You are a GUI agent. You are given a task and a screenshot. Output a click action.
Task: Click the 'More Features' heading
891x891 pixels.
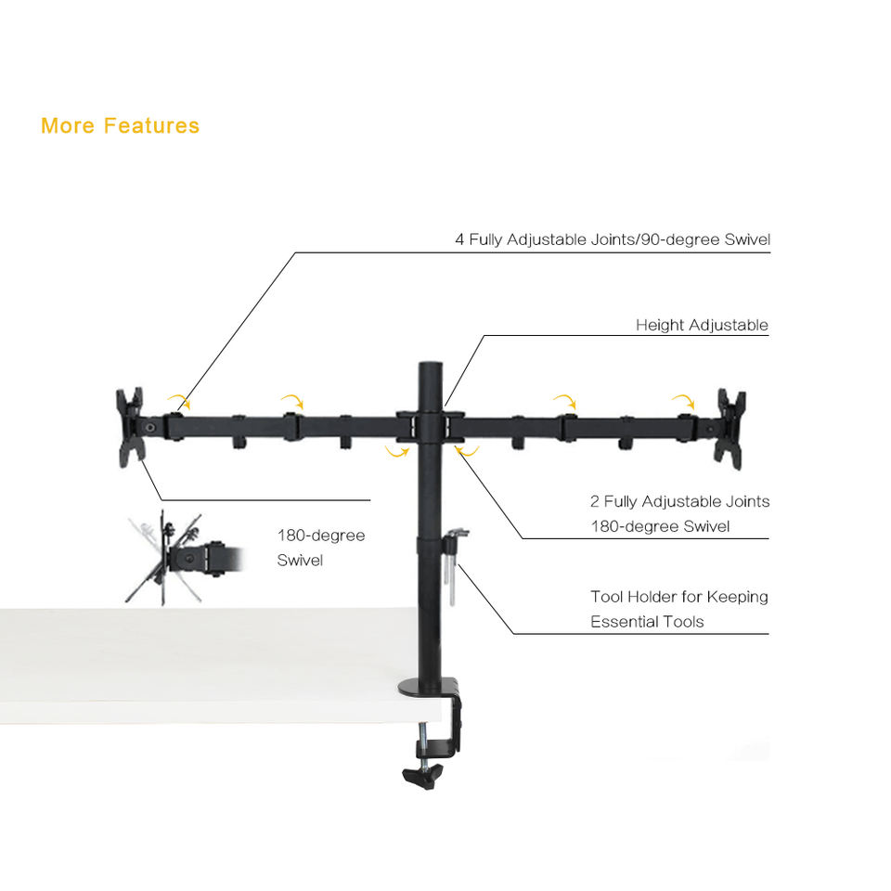point(120,125)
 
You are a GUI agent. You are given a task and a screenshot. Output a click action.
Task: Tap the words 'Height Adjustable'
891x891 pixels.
point(702,325)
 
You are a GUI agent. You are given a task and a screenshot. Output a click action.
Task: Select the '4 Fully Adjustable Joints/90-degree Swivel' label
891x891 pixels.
point(613,239)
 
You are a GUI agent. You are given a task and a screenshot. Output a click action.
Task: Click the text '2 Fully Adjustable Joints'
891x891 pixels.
point(679,501)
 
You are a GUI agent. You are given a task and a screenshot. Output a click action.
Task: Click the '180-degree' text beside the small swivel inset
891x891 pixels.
point(321,536)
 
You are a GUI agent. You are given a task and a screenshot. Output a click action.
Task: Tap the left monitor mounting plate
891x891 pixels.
point(130,427)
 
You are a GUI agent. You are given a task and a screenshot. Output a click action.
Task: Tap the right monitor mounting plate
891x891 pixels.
point(730,427)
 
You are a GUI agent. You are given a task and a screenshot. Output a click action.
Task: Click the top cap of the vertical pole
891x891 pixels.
point(430,368)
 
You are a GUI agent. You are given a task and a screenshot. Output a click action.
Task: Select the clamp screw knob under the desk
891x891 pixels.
point(422,774)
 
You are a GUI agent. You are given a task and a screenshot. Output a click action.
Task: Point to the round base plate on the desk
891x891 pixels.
point(427,689)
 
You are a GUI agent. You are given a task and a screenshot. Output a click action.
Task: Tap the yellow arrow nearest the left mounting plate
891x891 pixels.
point(179,401)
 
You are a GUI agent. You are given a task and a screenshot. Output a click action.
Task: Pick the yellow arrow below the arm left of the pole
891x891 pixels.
point(396,452)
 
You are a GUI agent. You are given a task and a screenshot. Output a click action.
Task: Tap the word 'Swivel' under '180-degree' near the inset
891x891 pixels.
point(300,561)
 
